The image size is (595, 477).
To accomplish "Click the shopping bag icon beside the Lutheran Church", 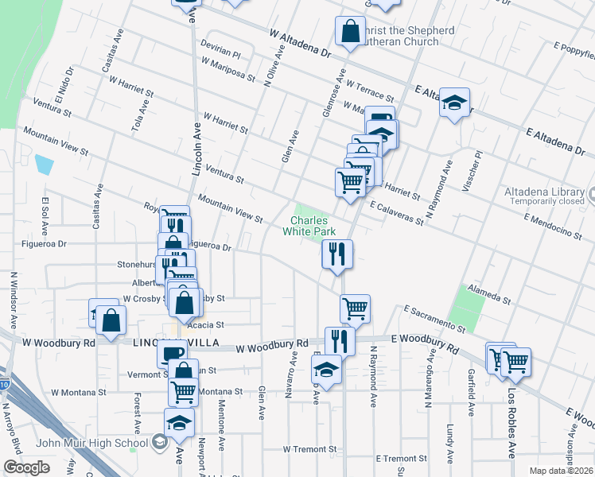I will [350, 33].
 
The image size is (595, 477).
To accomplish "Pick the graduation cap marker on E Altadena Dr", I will [454, 103].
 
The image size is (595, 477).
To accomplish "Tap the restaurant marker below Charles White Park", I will [337, 254].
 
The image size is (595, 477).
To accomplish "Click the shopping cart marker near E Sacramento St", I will [355, 308].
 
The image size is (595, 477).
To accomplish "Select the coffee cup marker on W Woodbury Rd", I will [172, 352].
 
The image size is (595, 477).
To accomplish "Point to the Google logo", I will [26, 467].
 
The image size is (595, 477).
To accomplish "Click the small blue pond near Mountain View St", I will [45, 165].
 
